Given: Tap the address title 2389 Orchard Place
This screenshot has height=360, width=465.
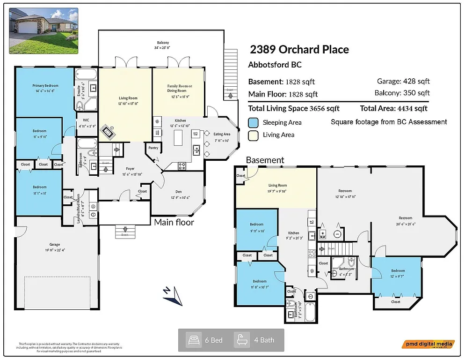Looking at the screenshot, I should point(299,50).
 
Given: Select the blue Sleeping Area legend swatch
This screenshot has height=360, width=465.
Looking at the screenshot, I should point(253,123).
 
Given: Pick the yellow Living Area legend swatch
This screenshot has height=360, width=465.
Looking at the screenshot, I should point(253,135).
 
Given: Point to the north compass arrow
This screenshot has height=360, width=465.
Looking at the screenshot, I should point(174,294).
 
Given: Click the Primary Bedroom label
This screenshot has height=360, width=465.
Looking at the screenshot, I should point(45,86).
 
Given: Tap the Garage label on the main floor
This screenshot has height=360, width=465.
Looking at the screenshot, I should point(55,244).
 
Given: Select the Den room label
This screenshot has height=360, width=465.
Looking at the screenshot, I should point(178,191).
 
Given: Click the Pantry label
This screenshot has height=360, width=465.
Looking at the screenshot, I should point(153,148).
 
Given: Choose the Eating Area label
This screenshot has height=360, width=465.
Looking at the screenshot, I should point(222,135).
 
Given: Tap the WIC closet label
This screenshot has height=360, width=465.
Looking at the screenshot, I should point(86,120).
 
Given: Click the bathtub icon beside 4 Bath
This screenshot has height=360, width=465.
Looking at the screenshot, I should point(242,340).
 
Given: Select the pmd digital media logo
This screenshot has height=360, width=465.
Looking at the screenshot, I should point(428,344).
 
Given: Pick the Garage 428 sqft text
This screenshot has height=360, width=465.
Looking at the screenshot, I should point(403,82).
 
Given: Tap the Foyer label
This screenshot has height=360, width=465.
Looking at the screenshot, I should point(130,169).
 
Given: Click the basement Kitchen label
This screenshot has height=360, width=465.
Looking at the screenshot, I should point(293,233).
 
